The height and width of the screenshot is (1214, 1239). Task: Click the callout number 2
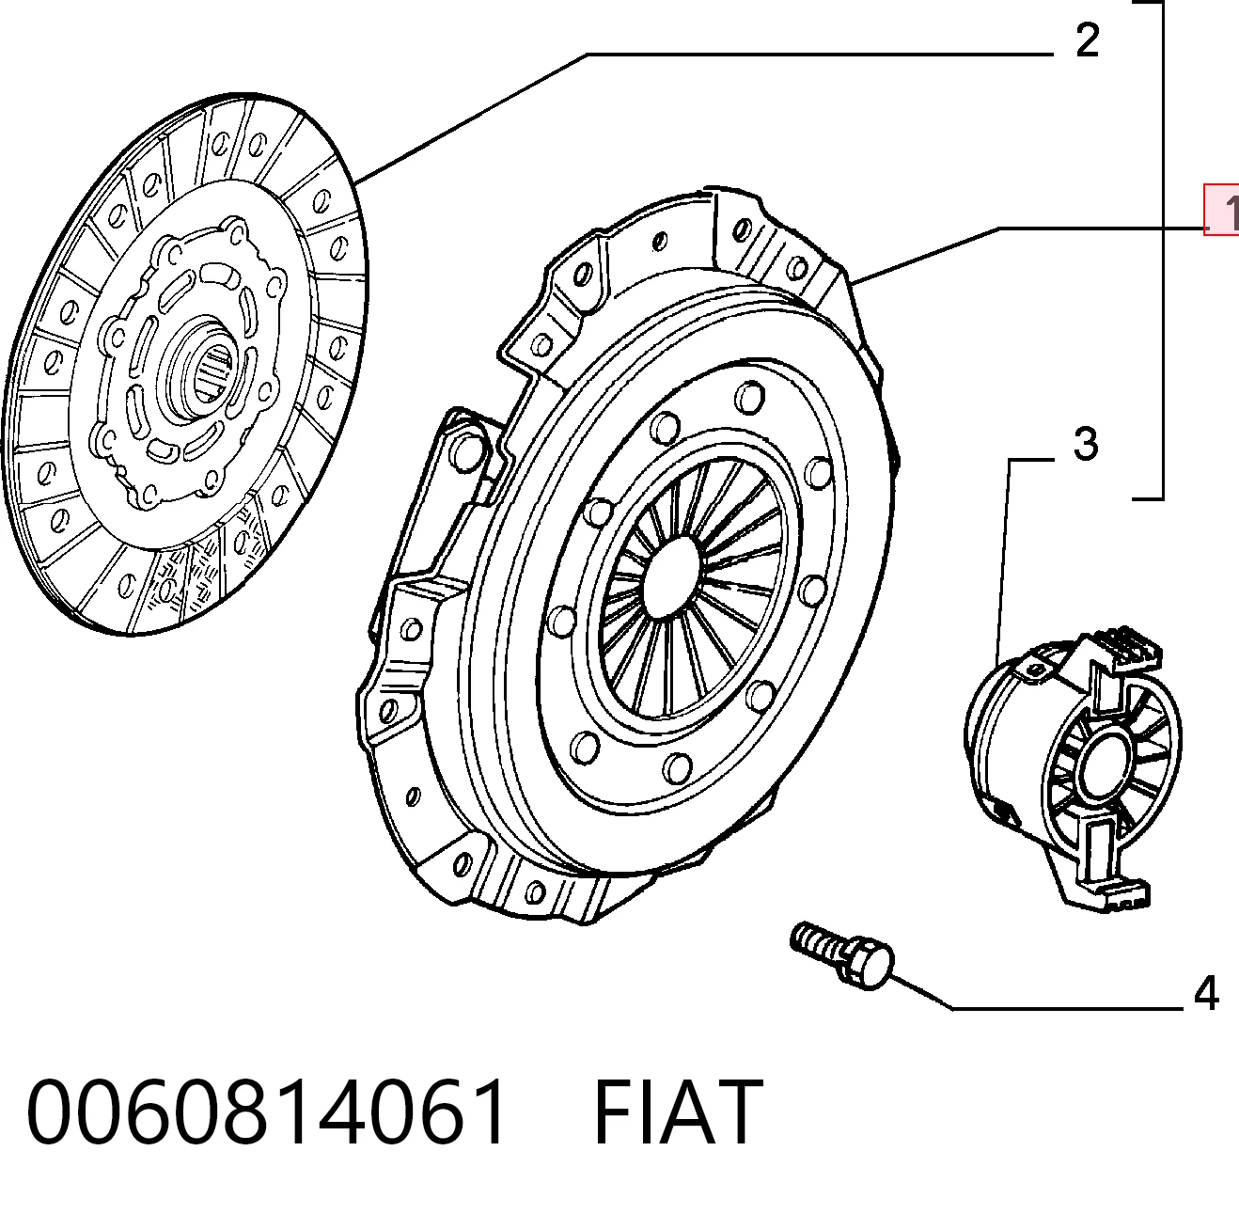point(1087,40)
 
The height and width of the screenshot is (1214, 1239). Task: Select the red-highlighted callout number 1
point(1222,211)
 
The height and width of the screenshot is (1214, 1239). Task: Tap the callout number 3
point(1086,444)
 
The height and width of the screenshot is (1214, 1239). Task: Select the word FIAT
point(679,1112)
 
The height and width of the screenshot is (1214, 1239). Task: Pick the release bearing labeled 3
point(1073,769)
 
